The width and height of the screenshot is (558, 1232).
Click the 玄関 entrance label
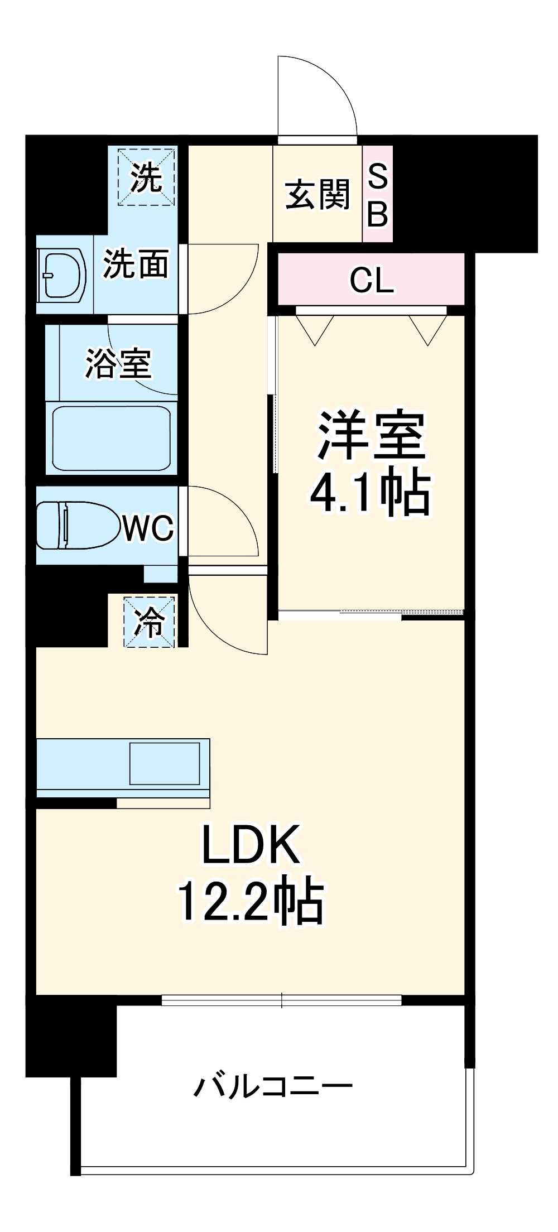coord(317,195)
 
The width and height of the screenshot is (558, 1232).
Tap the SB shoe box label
coord(378,195)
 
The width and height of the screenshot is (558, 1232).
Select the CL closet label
coord(372,280)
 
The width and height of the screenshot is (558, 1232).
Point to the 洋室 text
coord(372,435)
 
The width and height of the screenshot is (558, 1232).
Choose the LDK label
coord(251,844)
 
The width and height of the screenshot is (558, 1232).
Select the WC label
coord(148,527)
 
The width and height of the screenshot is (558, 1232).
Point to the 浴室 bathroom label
coord(118,364)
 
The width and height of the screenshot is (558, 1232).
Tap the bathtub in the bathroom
coord(111,439)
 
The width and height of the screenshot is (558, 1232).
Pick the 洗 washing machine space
coord(146,177)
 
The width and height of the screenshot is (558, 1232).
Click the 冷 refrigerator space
coord(149,622)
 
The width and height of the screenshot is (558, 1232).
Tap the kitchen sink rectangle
coord(165,763)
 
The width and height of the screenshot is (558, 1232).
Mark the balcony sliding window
coord(282,1000)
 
